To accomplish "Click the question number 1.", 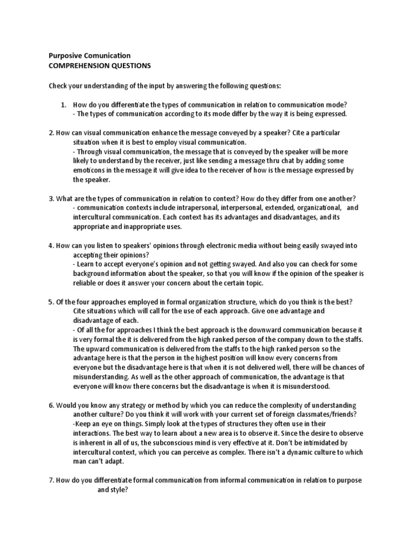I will [x=63, y=104].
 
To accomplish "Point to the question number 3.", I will [x=51, y=198].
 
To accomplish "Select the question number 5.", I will [x=51, y=301].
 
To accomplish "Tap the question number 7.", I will [x=51, y=480].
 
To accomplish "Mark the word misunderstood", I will [x=312, y=387].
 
